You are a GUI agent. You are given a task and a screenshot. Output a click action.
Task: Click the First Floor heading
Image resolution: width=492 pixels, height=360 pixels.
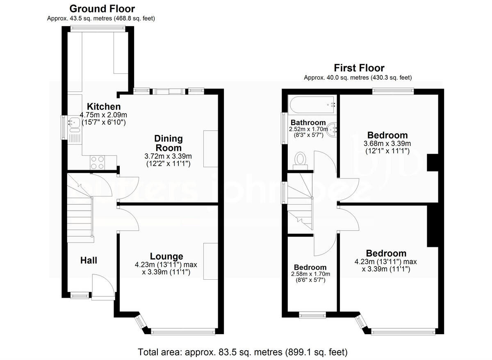click(x=359, y=68)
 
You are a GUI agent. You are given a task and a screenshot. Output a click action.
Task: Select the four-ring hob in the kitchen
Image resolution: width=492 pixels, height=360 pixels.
click(x=97, y=162)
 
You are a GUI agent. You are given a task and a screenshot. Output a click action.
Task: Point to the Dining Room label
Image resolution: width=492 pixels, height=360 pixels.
click(x=168, y=143)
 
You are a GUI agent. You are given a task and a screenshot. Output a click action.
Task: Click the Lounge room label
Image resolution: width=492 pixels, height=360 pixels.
click(x=166, y=257)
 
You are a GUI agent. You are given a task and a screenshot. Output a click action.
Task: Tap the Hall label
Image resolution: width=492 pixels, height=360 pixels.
click(x=89, y=260)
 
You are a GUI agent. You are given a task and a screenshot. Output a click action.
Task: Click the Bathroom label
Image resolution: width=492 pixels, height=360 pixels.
click(x=308, y=122)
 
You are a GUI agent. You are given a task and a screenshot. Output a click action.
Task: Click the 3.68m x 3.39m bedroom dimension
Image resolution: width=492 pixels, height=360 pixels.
click(x=387, y=144)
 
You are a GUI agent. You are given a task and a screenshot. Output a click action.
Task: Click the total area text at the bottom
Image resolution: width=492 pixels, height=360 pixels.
click(x=243, y=351)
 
